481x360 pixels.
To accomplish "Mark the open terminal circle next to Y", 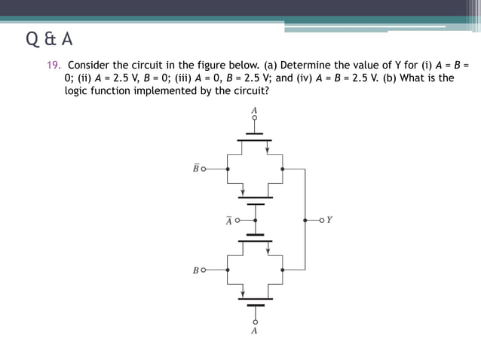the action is click(320, 221).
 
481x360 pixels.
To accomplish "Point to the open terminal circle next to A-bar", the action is click(237, 221).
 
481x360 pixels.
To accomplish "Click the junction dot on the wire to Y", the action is click(305, 221).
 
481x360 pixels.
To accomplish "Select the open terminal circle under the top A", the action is click(255, 119).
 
